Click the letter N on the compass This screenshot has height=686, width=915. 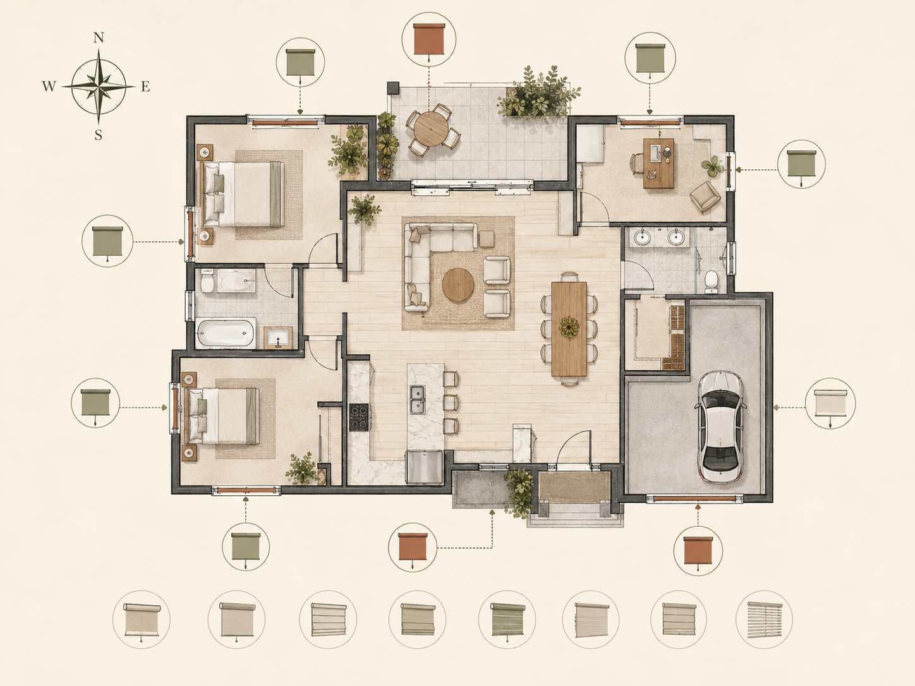tap(99, 38)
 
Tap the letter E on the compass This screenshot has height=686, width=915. tap(145, 86)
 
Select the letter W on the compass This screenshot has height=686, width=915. tap(49, 86)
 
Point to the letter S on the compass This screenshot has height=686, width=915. tap(99, 135)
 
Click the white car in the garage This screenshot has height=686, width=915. tap(720, 426)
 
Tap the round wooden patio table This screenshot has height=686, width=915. tap(432, 129)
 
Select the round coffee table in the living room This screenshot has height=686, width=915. tap(457, 284)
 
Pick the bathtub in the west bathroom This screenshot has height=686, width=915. tap(226, 334)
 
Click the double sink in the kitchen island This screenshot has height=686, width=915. tap(418, 399)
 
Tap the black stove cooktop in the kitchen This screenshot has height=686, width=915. tap(359, 417)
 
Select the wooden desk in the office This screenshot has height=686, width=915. tap(658, 163)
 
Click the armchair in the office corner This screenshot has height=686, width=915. tap(705, 196)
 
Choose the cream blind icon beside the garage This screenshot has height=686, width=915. tap(830, 404)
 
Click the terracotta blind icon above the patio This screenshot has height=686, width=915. tap(428, 40)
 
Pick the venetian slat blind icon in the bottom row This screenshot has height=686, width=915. tap(764, 620)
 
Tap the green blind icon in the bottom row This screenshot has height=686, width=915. tap(507, 620)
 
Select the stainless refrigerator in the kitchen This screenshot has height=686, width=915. tap(424, 467)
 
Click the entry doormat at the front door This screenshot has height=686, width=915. tap(574, 487)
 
